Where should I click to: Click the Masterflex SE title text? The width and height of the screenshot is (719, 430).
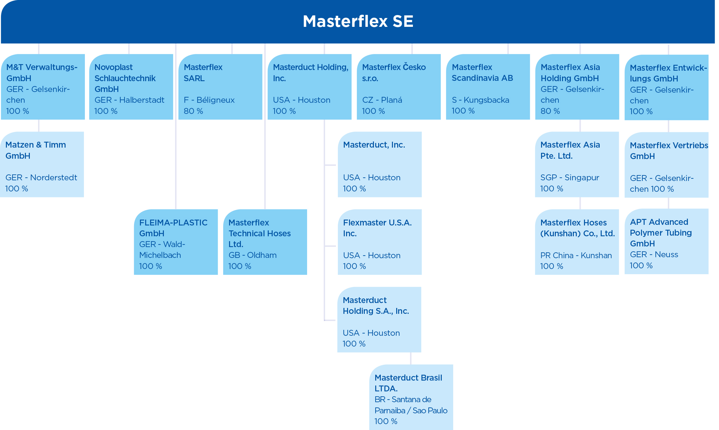pyautogui.click(x=358, y=21)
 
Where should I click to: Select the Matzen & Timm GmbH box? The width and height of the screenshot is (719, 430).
pyautogui.click(x=42, y=164)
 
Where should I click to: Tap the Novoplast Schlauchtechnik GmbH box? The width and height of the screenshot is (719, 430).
pyautogui.click(x=131, y=87)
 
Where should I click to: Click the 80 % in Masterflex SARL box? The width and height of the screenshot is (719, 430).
pyautogui.click(x=193, y=111)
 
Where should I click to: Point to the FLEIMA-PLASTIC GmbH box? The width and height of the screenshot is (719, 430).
pyautogui.click(x=176, y=242)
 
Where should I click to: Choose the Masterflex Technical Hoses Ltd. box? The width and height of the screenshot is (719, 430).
pyautogui.click(x=265, y=242)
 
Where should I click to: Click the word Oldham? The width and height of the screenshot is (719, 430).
pyautogui.click(x=262, y=255)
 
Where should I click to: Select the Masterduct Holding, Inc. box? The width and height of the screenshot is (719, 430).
pyautogui.click(x=310, y=87)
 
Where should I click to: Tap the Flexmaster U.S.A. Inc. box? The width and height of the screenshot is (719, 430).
pyautogui.click(x=380, y=242)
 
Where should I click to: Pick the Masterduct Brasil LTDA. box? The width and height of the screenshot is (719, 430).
pyautogui.click(x=411, y=397)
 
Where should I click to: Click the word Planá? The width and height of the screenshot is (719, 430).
pyautogui.click(x=392, y=100)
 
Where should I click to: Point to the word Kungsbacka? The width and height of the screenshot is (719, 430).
pyautogui.click(x=487, y=100)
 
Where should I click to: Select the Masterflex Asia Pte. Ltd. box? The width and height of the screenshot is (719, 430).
pyautogui.click(x=577, y=164)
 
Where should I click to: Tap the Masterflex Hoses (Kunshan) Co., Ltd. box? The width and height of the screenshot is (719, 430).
pyautogui.click(x=577, y=242)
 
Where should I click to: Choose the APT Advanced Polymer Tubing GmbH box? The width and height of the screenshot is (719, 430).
pyautogui.click(x=667, y=241)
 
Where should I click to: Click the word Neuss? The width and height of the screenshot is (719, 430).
pyautogui.click(x=667, y=254)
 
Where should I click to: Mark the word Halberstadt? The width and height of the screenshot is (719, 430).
pyautogui.click(x=142, y=100)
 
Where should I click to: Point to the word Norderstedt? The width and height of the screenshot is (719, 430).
pyautogui.click(x=54, y=177)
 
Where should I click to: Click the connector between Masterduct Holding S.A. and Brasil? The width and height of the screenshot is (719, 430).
pyautogui.click(x=411, y=358)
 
